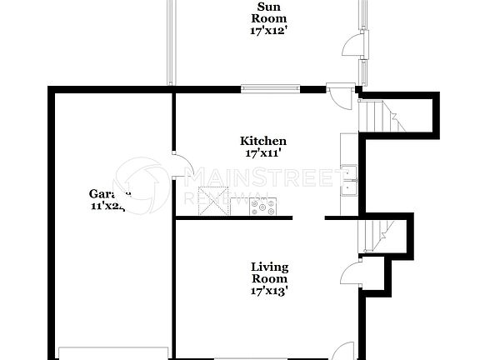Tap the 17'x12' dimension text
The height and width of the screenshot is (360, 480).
(x=269, y=31)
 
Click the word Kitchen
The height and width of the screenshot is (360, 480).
(x=263, y=141)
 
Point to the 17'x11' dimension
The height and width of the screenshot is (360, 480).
(x=263, y=153)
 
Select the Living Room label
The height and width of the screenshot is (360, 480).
(x=270, y=272)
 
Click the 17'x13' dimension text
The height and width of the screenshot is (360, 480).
(x=270, y=291)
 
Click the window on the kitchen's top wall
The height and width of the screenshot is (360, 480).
(x=270, y=88)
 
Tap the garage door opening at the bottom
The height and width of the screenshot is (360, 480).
(x=113, y=352)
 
